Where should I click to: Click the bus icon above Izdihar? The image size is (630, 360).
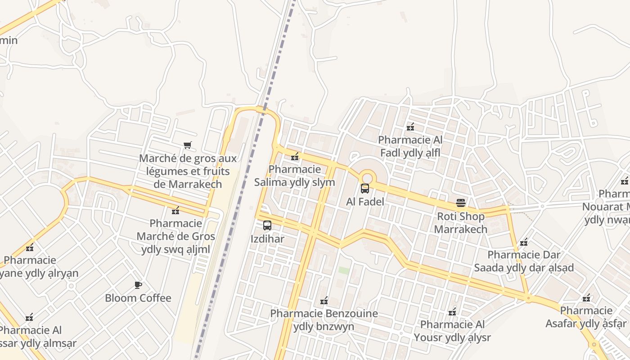click(x=267, y=225)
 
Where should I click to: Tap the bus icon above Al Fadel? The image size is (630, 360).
click(x=365, y=189)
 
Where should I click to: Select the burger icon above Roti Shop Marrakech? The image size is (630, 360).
click(x=461, y=203)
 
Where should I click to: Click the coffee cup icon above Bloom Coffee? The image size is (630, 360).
click(x=138, y=285)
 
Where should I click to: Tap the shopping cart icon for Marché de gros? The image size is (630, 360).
click(x=188, y=145)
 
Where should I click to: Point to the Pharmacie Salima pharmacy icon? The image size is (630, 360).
click(x=295, y=157)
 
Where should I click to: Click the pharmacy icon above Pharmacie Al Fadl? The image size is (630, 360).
click(x=410, y=127)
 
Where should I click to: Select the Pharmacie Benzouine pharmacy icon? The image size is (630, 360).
click(x=324, y=300)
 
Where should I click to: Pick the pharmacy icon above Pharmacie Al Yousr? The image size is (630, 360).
click(x=452, y=311)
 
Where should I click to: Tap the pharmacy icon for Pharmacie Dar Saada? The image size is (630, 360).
click(x=524, y=242)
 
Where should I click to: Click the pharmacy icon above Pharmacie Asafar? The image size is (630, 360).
click(x=586, y=297)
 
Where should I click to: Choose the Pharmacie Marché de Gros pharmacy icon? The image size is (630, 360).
click(x=175, y=210)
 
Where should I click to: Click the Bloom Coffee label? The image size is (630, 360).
click(x=138, y=298)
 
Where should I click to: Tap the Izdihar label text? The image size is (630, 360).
click(x=267, y=238)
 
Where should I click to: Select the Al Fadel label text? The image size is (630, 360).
click(x=365, y=202)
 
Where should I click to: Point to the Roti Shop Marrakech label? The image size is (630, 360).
click(x=461, y=223)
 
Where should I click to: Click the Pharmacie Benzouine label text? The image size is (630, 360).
click(x=324, y=320)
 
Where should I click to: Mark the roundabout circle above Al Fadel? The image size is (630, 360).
click(x=368, y=177)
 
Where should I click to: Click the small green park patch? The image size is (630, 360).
click(x=344, y=270)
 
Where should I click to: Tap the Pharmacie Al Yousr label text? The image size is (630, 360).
click(x=452, y=331)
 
